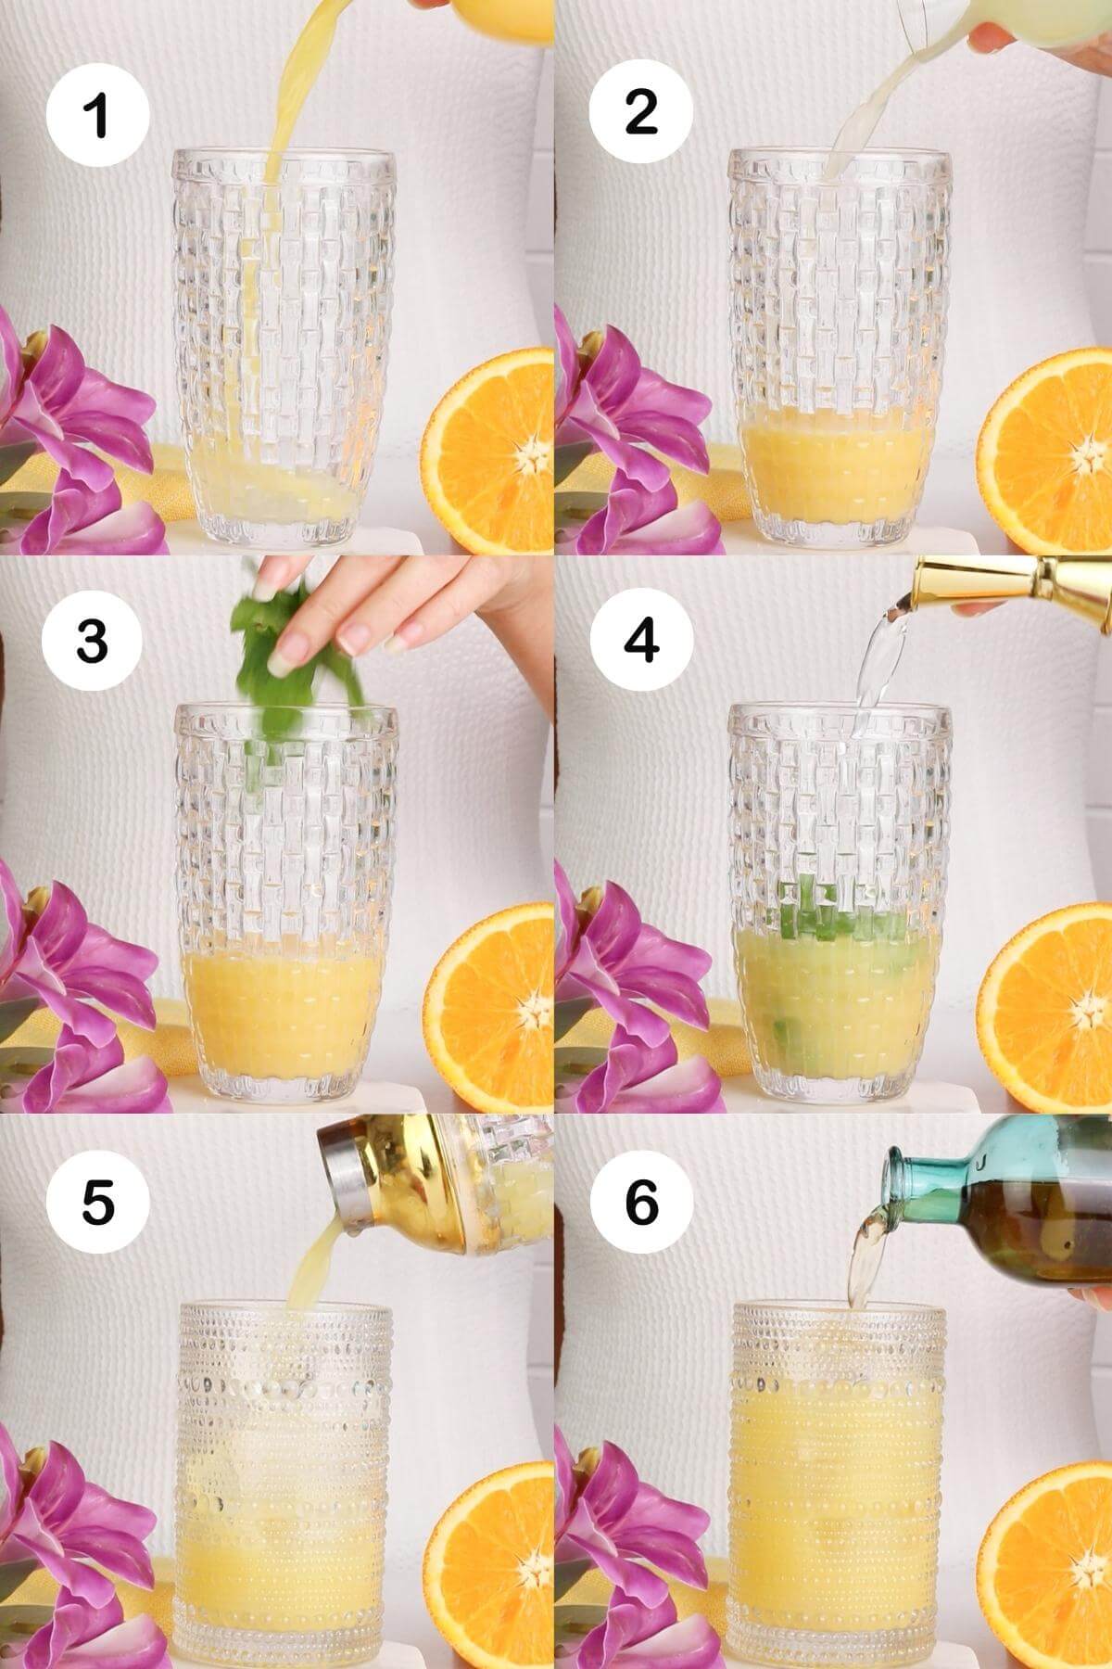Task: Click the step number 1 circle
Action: [98, 116]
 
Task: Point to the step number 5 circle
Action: [98, 1203]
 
